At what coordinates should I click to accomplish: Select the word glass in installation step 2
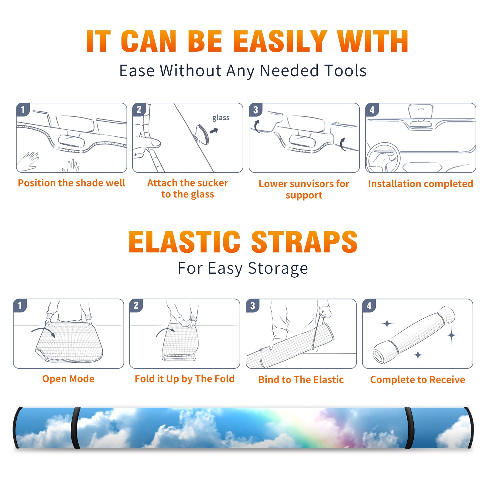221,118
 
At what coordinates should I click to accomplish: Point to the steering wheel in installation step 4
383,158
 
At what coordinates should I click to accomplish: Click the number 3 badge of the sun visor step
255,110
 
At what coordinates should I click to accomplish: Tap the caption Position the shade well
71,183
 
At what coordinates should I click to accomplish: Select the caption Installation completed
420,183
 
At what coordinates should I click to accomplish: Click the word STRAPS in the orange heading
304,242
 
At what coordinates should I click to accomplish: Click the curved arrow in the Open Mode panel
43,331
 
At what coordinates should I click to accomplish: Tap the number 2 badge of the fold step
136,306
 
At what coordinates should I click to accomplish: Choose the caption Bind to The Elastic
301,380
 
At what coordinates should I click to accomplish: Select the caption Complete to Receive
418,380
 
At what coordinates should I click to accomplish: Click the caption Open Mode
68,379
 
